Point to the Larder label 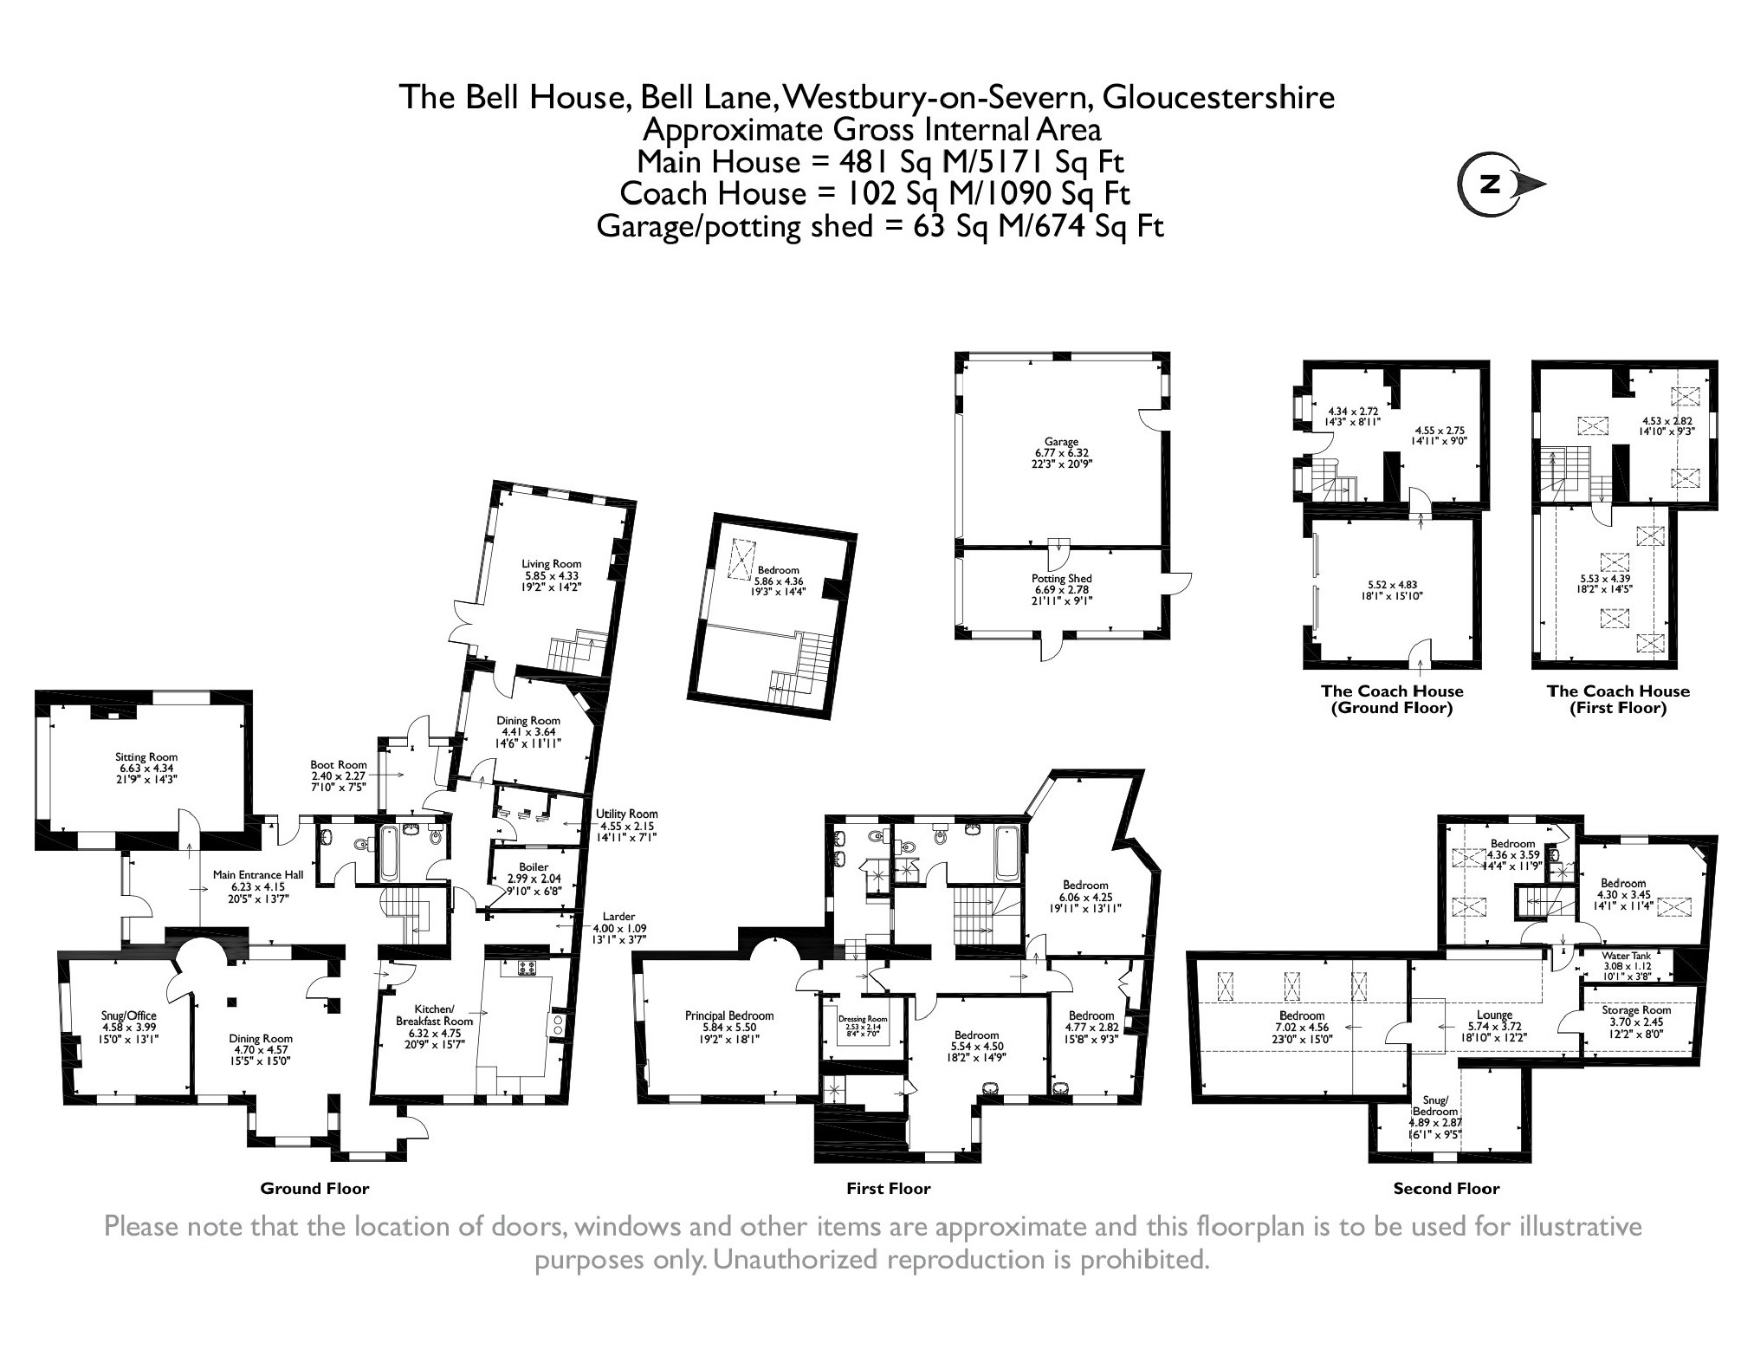618,916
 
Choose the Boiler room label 534,866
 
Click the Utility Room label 626,814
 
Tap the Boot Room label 339,765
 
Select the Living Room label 551,564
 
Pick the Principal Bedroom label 728,1015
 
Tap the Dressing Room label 863,1019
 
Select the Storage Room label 1635,1009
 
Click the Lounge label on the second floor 1494,1015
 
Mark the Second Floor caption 1446,1189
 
